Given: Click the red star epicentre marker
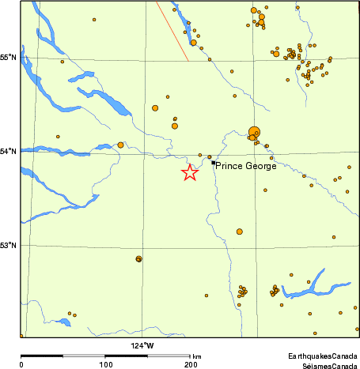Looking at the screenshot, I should pyautogui.click(x=190, y=173).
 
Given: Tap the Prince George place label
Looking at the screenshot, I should pyautogui.click(x=245, y=166).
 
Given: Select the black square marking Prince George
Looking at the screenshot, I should pyautogui.click(x=214, y=162).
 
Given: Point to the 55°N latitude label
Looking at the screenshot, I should pyautogui.click(x=9, y=58).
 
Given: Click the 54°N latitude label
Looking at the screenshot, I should pyautogui.click(x=9, y=152).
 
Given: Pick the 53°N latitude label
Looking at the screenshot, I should pyautogui.click(x=9, y=245).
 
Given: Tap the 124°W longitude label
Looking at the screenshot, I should pyautogui.click(x=143, y=345).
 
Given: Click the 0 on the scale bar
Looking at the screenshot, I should pyautogui.click(x=21, y=364).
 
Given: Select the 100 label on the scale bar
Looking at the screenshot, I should pyautogui.click(x=106, y=364).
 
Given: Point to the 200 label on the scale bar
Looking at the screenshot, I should pyautogui.click(x=191, y=364).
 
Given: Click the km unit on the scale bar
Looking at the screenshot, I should pyautogui.click(x=197, y=357).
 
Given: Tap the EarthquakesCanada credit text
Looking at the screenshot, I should pyautogui.click(x=322, y=357).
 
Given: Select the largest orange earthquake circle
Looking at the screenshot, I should pyautogui.click(x=254, y=132).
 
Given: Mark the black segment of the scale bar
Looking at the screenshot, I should pyautogui.click(x=42, y=356).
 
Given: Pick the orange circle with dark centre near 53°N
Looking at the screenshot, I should pyautogui.click(x=138, y=258).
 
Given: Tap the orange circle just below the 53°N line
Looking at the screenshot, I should pyautogui.click(x=239, y=232).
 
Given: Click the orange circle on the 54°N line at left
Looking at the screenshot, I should pyautogui.click(x=120, y=145).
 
